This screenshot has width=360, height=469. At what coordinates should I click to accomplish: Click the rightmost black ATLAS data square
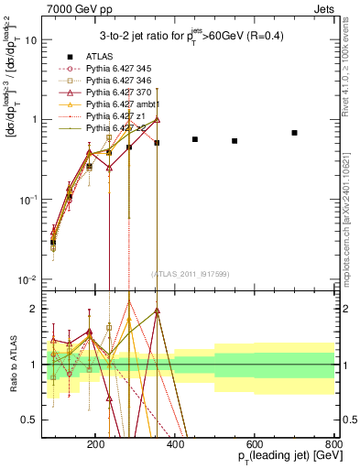coord(294,133)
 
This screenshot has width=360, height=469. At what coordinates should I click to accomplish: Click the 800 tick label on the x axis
coord(333,442)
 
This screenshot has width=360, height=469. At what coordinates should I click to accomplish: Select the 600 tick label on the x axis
coord(254,442)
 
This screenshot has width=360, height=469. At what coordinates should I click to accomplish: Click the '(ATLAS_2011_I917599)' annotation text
coord(190,274)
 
